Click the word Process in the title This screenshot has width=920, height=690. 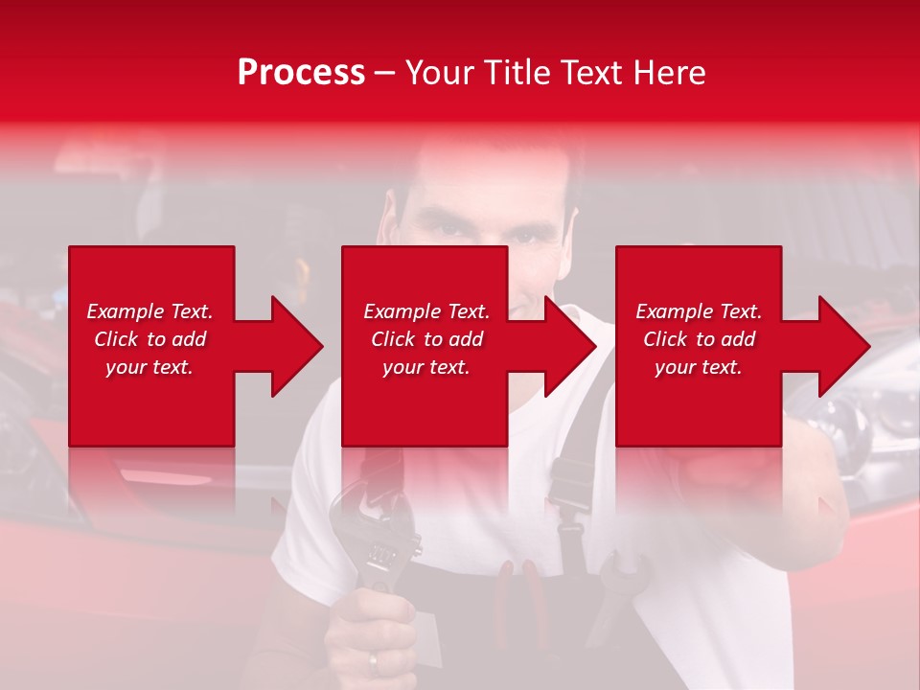point(301,72)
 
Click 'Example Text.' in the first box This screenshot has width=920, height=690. point(149,311)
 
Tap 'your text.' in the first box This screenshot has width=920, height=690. point(149,367)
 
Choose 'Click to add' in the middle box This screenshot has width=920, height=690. point(426,339)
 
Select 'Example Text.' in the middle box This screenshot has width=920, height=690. point(426,311)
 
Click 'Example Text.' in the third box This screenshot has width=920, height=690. point(699,311)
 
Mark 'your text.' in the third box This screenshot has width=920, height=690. point(699,367)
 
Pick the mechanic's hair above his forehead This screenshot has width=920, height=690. point(479,163)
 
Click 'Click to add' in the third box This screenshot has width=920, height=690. point(699,339)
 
